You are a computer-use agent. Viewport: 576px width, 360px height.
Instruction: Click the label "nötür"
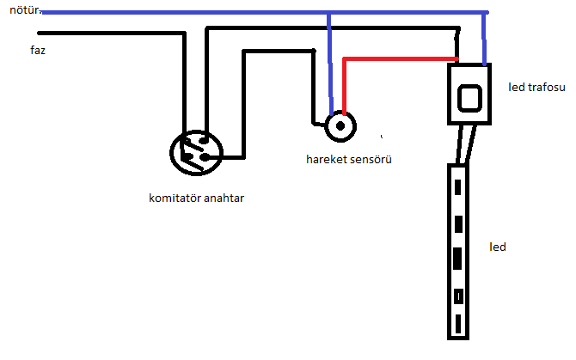[24, 10]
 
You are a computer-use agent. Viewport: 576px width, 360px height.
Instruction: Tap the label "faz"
[38, 50]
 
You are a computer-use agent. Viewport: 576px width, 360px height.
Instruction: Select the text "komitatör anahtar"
[197, 198]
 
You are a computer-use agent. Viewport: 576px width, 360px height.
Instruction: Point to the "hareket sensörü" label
[349, 159]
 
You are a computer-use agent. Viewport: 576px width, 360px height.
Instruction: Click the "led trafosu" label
[536, 88]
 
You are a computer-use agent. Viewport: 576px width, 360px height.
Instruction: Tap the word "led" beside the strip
[498, 247]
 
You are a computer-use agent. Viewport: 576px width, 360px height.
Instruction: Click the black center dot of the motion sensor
[340, 126]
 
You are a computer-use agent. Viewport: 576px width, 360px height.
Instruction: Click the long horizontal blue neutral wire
[265, 13]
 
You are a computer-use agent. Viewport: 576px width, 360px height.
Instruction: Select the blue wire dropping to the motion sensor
[330, 64]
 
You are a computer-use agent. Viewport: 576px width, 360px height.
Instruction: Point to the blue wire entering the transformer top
[485, 39]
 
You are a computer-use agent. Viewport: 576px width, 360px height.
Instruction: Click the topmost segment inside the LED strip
[457, 187]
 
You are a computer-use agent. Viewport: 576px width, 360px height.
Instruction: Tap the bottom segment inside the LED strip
[458, 324]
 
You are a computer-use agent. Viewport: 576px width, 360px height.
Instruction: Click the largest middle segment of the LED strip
[457, 259]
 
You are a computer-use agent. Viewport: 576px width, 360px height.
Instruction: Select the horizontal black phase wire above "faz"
[111, 33]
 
